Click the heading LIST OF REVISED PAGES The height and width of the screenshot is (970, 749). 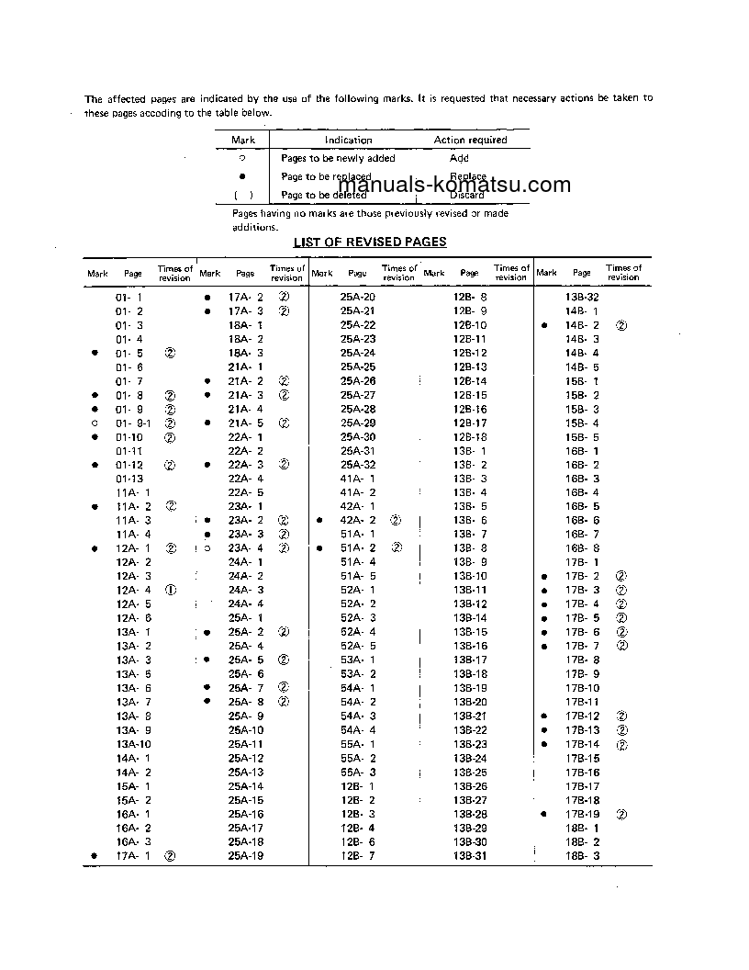[370, 242]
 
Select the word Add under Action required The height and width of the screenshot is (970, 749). [459, 158]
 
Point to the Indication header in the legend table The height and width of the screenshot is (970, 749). [348, 140]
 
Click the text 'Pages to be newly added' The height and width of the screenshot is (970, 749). [338, 158]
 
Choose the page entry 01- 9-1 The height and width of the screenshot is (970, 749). [129, 423]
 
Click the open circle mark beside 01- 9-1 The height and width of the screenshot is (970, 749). [95, 423]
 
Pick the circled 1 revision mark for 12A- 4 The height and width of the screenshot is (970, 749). [170, 590]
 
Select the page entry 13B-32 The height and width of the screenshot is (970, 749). [582, 298]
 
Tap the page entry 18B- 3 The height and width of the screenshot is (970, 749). [582, 856]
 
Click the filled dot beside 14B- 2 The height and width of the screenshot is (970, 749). [545, 326]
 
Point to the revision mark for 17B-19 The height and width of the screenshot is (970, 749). [621, 815]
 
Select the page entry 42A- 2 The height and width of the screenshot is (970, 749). [358, 520]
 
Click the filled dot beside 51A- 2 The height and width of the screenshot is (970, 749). [319, 548]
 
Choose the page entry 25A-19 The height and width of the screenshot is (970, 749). [245, 856]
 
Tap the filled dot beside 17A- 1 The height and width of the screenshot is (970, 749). [95, 856]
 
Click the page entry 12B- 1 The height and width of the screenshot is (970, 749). [358, 786]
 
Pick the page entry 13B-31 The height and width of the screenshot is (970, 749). [469, 856]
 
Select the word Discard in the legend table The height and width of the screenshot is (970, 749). [466, 195]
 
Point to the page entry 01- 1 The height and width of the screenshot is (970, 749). [129, 298]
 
